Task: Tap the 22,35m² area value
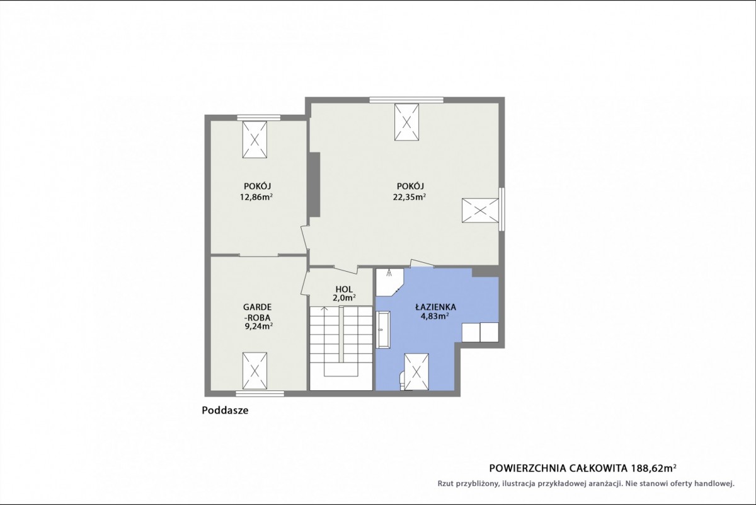[409, 197]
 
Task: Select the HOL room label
[344, 289]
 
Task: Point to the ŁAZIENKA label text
[436, 307]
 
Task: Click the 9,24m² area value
[259, 326]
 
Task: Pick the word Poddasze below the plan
[225, 410]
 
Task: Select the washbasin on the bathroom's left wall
[384, 329]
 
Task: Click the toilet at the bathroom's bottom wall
[403, 381]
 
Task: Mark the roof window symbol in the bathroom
[416, 371]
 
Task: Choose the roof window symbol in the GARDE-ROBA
[255, 371]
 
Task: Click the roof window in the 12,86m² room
[255, 139]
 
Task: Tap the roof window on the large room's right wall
[480, 211]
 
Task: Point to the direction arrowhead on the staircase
[324, 308]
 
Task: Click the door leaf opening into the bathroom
[422, 263]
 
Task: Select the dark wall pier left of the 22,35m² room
[315, 185]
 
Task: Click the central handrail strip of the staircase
[341, 334]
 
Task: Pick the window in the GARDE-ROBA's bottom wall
[260, 393]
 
